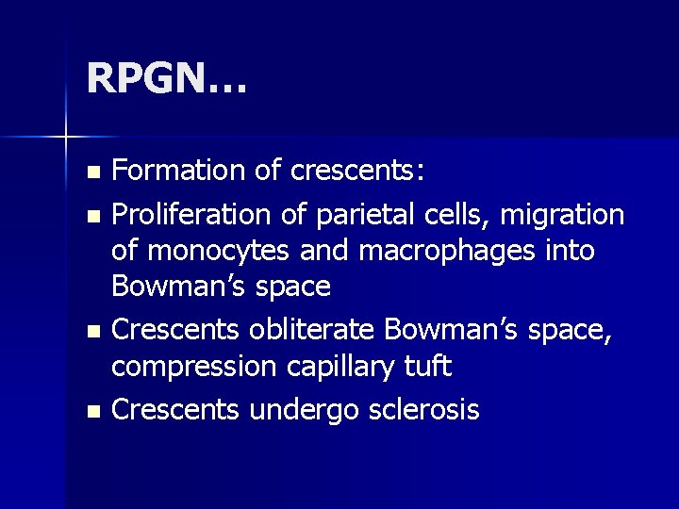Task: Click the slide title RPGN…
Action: pos(166,78)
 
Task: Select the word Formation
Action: pos(177,171)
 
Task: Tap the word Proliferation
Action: pos(195,215)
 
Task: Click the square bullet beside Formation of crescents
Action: pos(91,172)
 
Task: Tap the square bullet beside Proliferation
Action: pos(91,217)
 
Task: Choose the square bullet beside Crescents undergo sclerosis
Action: pos(91,412)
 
